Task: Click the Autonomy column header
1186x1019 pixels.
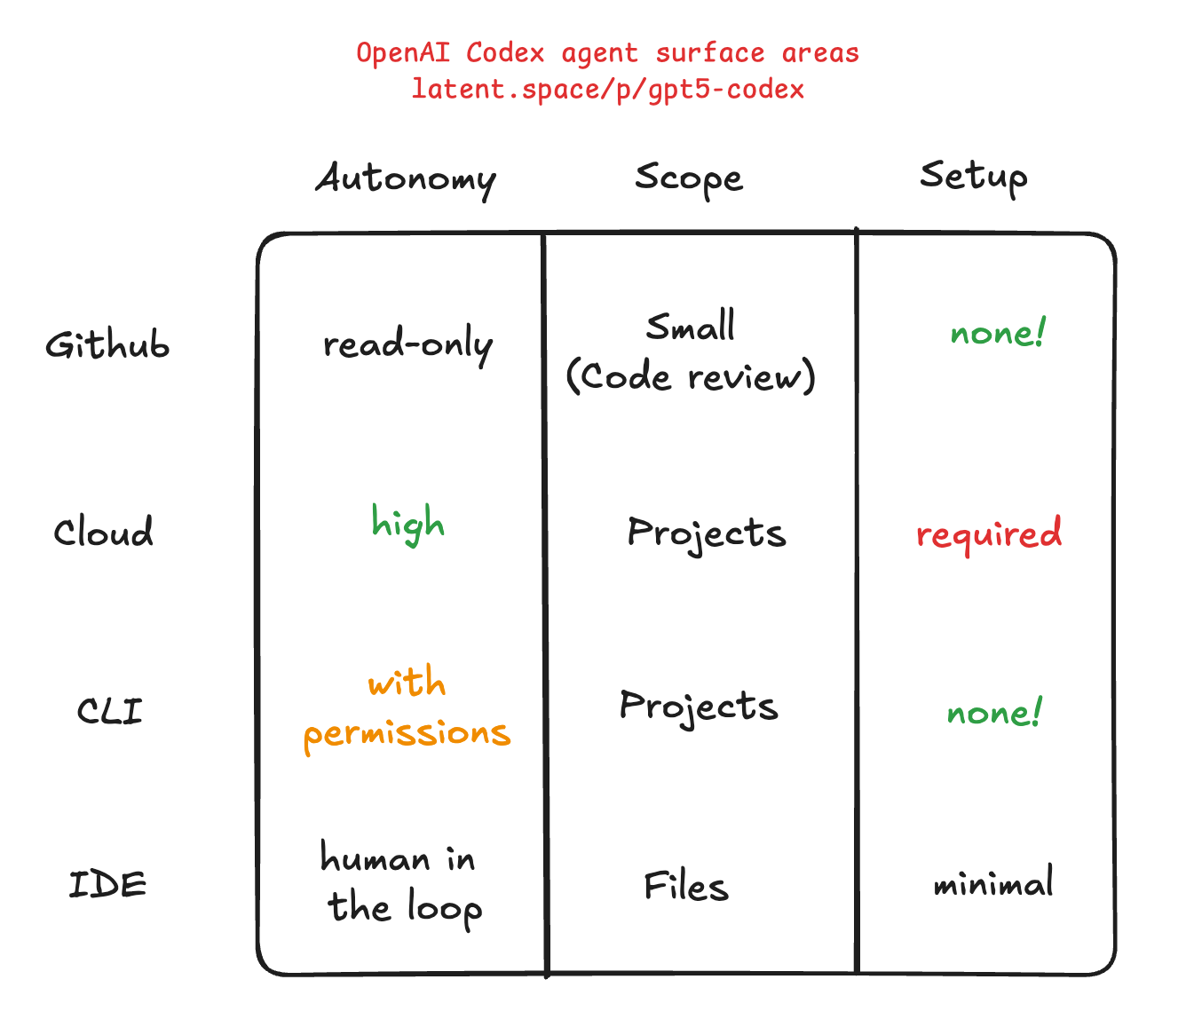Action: click(406, 179)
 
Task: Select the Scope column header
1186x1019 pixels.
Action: click(689, 178)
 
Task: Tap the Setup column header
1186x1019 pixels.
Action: click(973, 176)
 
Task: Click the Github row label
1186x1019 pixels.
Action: click(107, 344)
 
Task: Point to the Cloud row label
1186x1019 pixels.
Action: click(103, 533)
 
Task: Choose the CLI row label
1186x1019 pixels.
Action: click(109, 711)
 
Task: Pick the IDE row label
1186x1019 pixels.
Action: click(108, 884)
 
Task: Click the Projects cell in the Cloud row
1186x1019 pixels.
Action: click(707, 533)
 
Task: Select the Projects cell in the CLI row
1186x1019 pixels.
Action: click(699, 707)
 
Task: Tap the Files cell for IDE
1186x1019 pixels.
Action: click(686, 886)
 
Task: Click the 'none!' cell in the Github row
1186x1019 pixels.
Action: click(998, 334)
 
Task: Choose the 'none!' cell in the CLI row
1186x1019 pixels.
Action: click(994, 713)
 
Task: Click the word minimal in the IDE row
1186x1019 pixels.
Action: click(993, 883)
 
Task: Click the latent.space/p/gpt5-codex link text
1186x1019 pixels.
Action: click(608, 90)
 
